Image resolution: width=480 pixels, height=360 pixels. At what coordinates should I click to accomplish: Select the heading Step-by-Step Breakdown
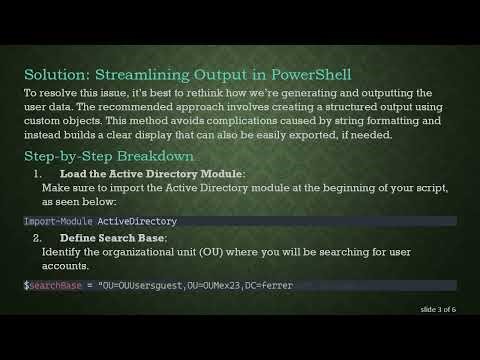[110, 157]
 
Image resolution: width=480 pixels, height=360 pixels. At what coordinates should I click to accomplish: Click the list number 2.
[37, 239]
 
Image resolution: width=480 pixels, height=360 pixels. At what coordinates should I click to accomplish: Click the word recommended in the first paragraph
[201, 106]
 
